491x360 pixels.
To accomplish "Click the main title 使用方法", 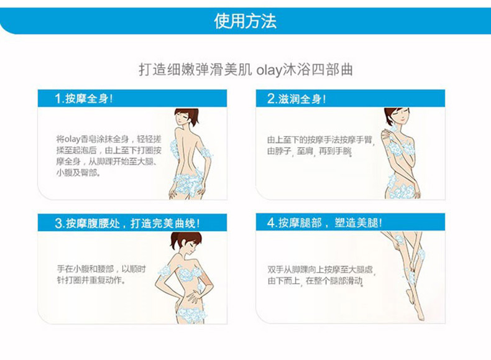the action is coord(245,21).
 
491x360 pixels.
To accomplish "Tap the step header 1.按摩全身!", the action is coord(84,98).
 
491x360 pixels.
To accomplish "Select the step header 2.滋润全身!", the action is coord(296,99).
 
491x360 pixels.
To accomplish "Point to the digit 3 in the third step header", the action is coord(58,223).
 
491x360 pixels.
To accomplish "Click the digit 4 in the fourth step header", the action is coord(271,223).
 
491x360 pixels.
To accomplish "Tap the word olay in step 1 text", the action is coord(72,139).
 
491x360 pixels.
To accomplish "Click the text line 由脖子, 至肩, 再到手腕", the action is coord(310,151).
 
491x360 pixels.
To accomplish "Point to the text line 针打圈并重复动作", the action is coord(91,280).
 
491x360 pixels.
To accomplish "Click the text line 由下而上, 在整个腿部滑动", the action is coord(315,281).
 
